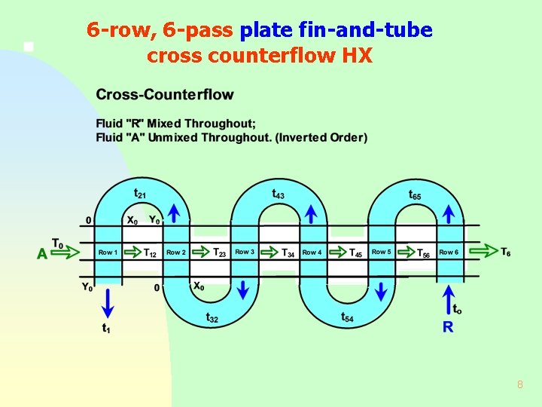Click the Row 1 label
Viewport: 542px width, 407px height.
pyautogui.click(x=108, y=252)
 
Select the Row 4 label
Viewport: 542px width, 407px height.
pyautogui.click(x=312, y=252)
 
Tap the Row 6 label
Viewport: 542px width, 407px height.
pyautogui.click(x=449, y=252)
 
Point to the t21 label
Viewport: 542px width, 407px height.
pyautogui.click(x=140, y=194)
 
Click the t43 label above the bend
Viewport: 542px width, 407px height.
pyautogui.click(x=278, y=194)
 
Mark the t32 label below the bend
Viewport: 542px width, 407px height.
pyautogui.click(x=213, y=318)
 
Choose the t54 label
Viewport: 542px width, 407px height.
pyautogui.click(x=347, y=318)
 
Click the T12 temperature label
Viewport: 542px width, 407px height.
pyautogui.click(x=150, y=253)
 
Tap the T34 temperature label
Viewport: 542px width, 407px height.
pyautogui.click(x=288, y=253)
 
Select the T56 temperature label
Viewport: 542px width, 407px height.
pyautogui.click(x=424, y=253)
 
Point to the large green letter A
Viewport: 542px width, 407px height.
pyautogui.click(x=42, y=254)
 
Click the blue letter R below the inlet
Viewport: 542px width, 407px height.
pyautogui.click(x=448, y=326)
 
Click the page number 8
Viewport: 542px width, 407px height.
pyautogui.click(x=519, y=385)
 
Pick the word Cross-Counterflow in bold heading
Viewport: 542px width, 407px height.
pyautogui.click(x=165, y=95)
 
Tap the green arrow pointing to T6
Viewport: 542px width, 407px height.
pyautogui.click(x=490, y=252)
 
